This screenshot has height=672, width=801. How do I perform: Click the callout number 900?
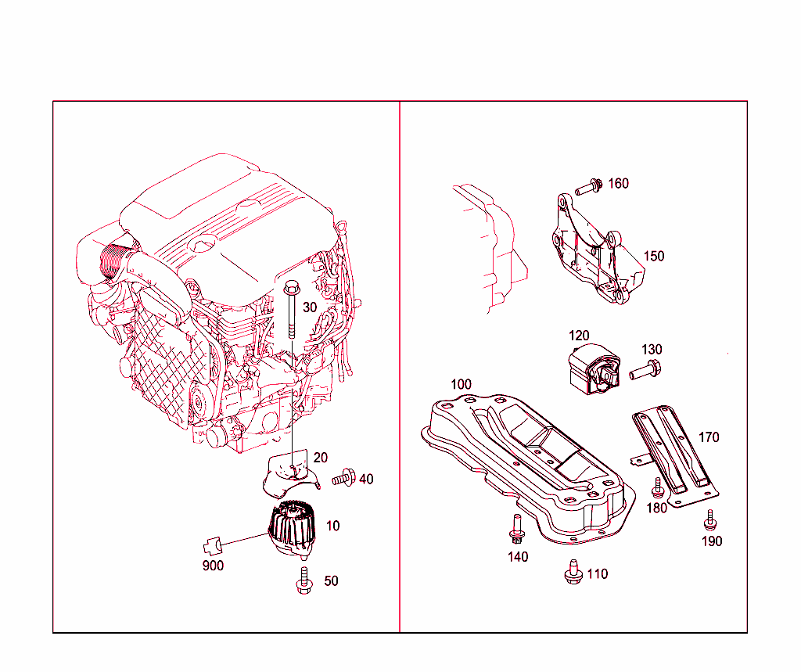(x=212, y=565)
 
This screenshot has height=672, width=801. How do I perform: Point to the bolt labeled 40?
(x=344, y=477)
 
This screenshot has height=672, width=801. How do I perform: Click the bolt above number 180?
(x=658, y=487)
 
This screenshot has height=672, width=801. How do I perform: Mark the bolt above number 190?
(x=710, y=519)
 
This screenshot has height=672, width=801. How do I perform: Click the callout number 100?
(x=462, y=384)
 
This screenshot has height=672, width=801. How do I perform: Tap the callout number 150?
(x=654, y=256)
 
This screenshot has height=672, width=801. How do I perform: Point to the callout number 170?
(x=709, y=437)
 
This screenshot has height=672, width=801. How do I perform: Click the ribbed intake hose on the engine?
(x=114, y=261)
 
